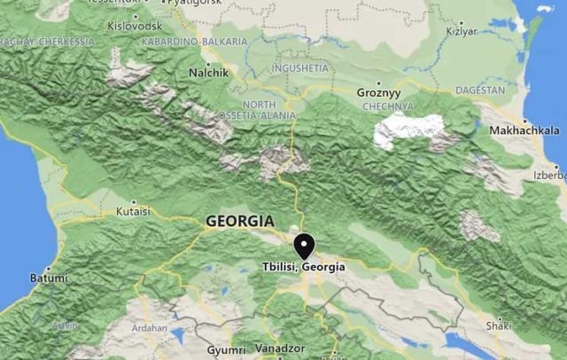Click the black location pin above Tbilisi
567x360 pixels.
tap(305, 245)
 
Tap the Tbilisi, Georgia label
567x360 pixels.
tap(304, 267)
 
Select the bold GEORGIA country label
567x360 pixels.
tap(239, 221)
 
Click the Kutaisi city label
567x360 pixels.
tap(134, 212)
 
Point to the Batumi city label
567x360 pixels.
tap(49, 278)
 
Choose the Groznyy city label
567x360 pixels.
tap(378, 92)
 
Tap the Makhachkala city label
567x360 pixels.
tap(524, 130)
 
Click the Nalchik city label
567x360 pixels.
tap(209, 72)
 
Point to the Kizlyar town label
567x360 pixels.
tap(462, 31)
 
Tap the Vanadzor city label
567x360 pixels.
tap(280, 348)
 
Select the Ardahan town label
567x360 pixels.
tap(148, 328)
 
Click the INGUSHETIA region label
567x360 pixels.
tap(300, 67)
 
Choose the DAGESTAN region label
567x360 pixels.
tap(479, 90)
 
